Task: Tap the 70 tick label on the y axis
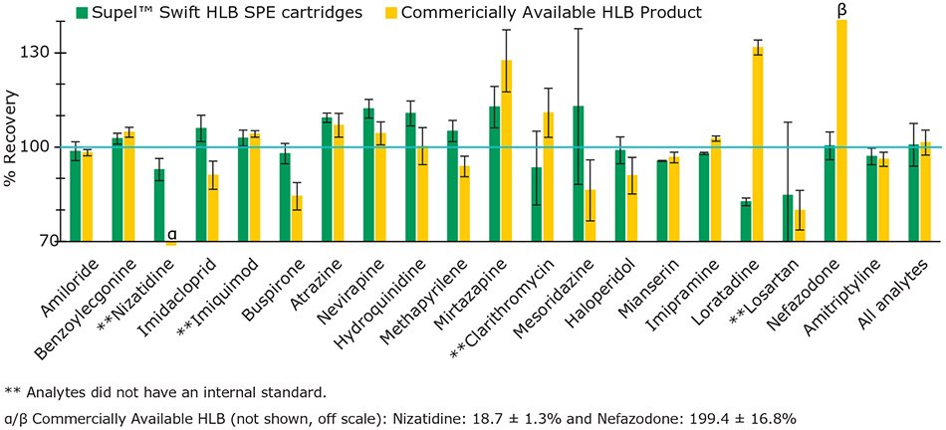point(46,242)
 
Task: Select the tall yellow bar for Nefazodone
point(841,129)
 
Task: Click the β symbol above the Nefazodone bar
point(842,8)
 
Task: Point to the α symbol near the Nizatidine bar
point(171,233)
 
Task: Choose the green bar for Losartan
point(788,218)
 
